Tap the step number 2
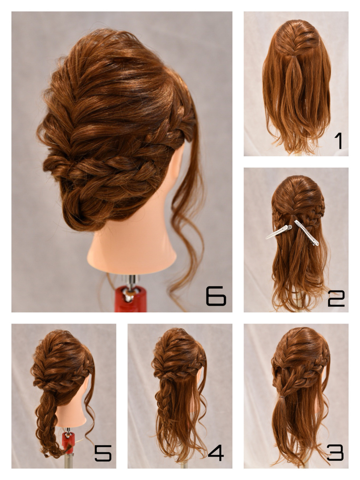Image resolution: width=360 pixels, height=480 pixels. [x=336, y=299]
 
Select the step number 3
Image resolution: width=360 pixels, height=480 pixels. [x=336, y=452]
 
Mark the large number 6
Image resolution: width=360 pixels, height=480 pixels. [x=216, y=296]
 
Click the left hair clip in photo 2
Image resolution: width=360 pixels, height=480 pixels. [x=279, y=232]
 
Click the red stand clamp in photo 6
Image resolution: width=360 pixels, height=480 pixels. [x=131, y=299]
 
